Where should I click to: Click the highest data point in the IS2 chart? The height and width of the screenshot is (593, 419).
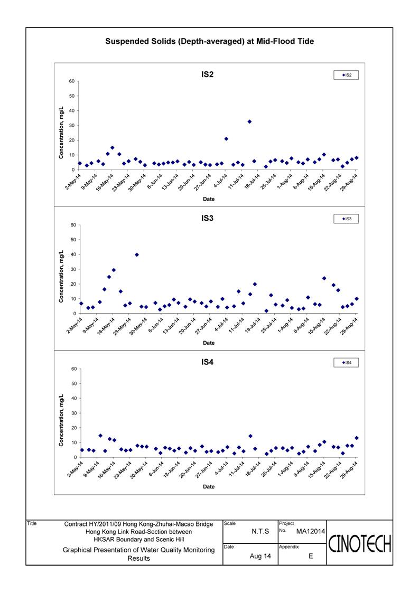tap(249, 122)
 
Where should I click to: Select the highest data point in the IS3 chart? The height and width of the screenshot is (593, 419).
tap(137, 255)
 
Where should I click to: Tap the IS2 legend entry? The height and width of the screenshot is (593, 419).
tap(346, 76)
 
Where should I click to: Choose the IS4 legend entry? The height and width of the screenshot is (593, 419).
tap(346, 363)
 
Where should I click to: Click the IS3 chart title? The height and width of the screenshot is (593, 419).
tap(208, 218)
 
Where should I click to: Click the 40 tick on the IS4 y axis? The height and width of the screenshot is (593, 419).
tap(73, 398)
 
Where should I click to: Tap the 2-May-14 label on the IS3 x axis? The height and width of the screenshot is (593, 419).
tap(74, 326)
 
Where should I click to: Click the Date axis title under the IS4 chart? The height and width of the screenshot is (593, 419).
tap(209, 487)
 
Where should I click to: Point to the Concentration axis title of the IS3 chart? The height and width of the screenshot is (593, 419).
tap(61, 277)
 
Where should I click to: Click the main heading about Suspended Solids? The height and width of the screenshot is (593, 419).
tap(209, 41)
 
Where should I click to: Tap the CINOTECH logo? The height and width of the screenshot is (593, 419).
tap(359, 544)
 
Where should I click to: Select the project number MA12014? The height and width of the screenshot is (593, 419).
tap(310, 531)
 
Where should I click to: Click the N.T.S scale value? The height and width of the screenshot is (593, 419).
tap(260, 531)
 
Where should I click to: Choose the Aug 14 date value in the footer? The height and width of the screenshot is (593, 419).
tap(260, 556)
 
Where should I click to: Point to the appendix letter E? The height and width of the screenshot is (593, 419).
tap(311, 556)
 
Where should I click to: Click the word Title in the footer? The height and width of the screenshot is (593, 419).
tap(32, 523)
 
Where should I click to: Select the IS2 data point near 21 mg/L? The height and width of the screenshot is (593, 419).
tap(226, 139)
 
